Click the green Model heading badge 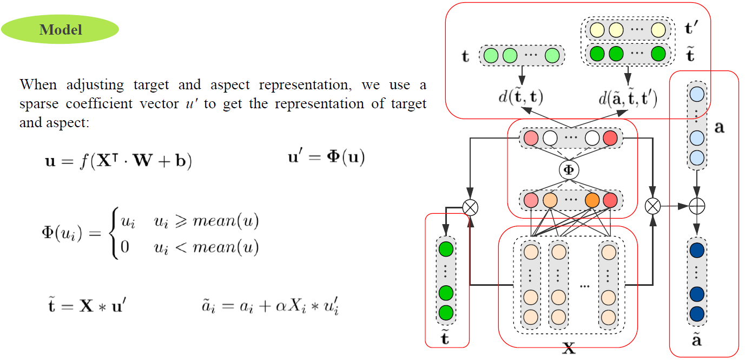[60, 29]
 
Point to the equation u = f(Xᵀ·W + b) [118, 161]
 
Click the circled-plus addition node [697, 206]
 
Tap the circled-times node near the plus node [654, 206]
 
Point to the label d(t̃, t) [521, 97]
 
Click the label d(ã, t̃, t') [628, 98]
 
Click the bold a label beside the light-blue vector [719, 128]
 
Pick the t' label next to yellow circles [689, 28]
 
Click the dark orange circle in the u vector [592, 200]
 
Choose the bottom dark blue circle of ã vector [697, 313]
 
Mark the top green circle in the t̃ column [446, 250]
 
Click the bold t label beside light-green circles [465, 56]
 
